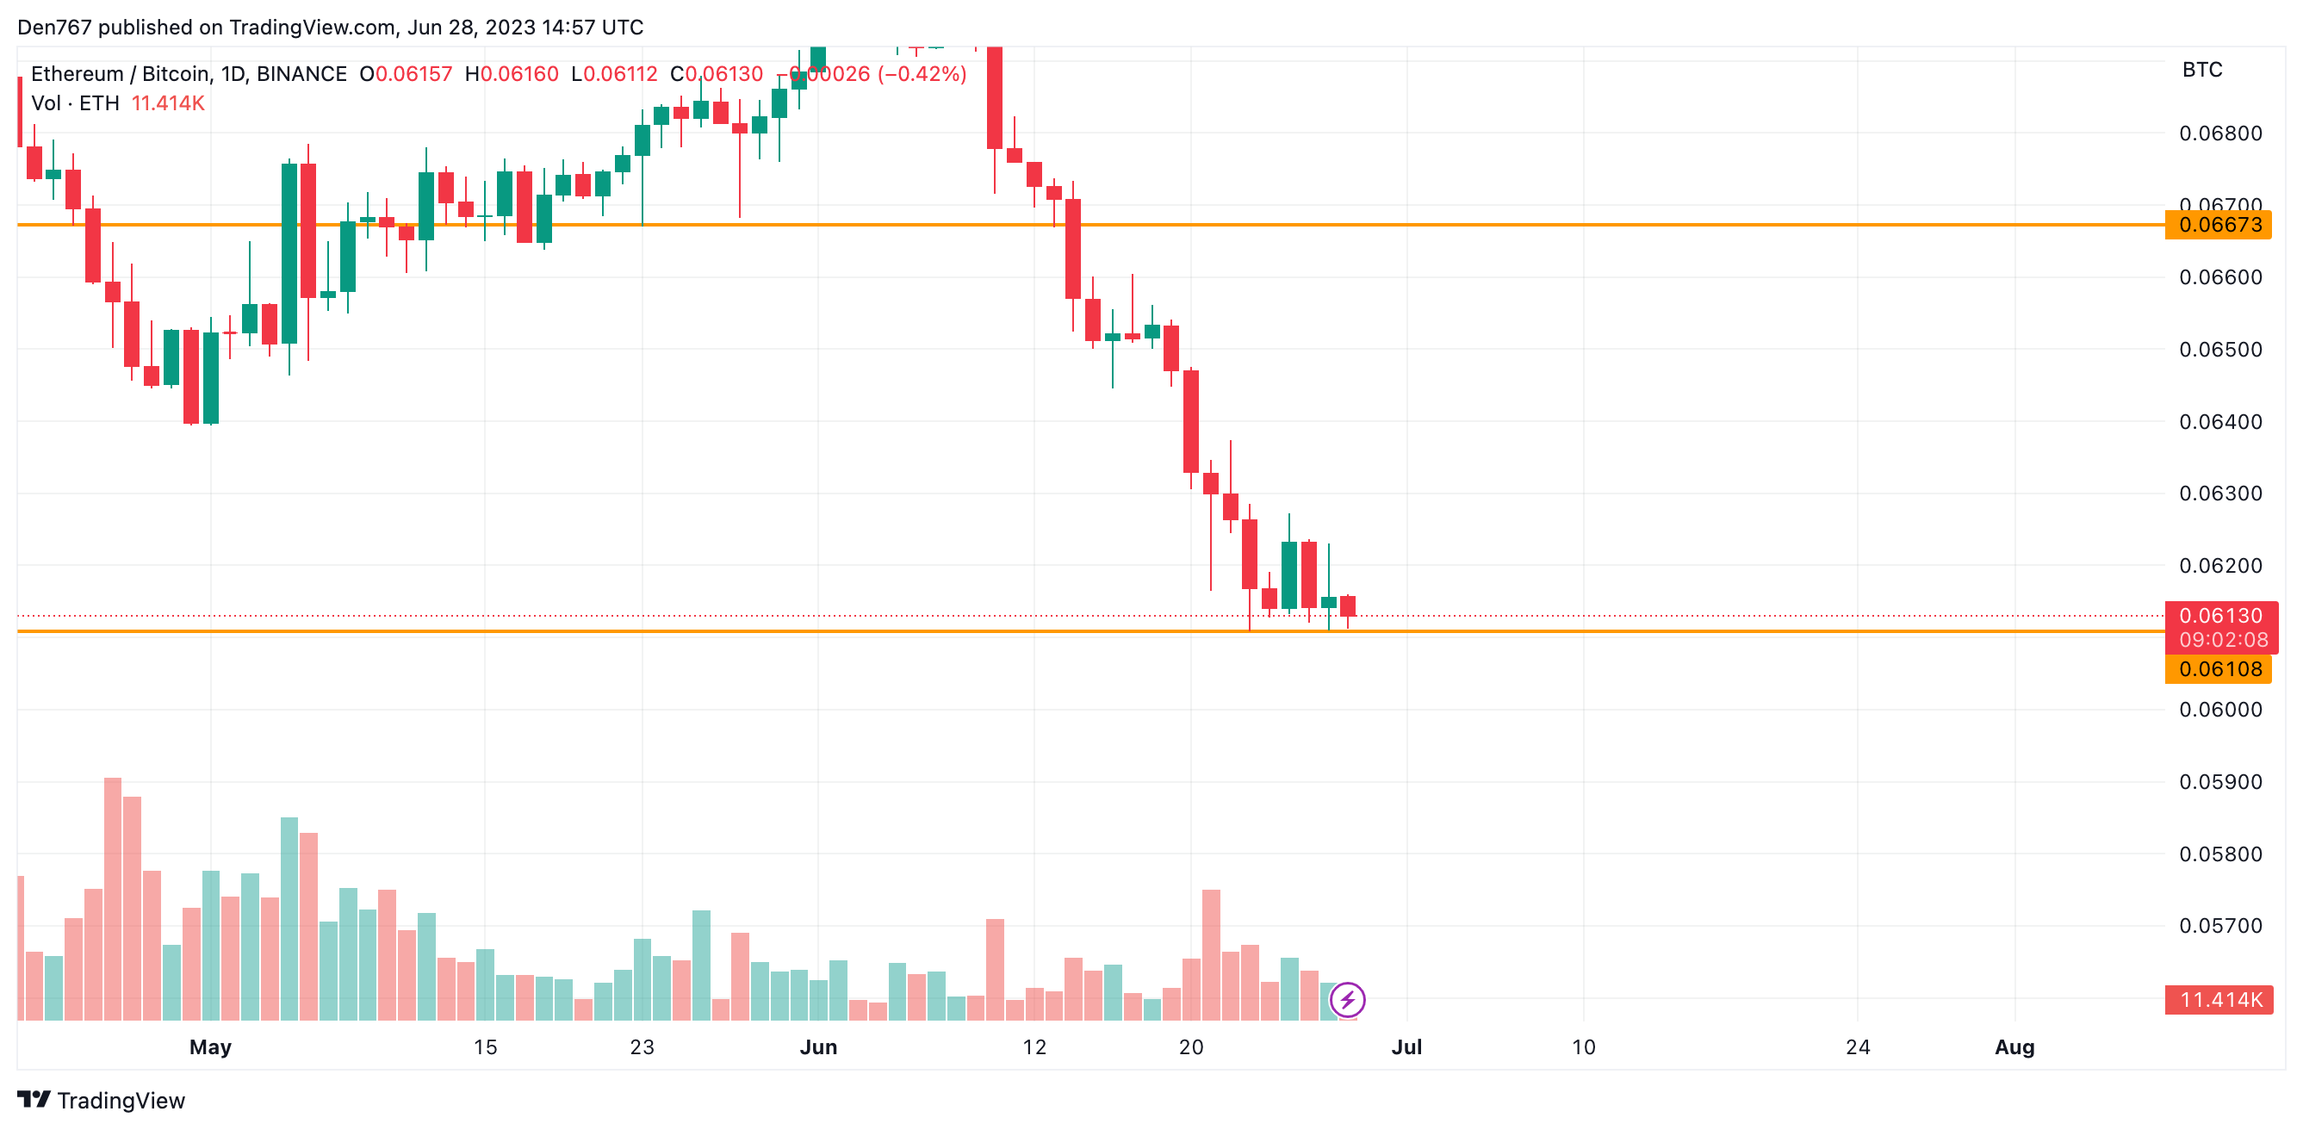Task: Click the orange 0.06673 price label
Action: coord(2219,225)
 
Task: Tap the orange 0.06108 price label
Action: coord(2219,668)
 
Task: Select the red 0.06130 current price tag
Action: coord(2219,616)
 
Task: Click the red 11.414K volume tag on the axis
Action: coord(2219,999)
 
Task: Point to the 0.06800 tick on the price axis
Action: coord(2219,133)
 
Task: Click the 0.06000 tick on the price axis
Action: coord(2219,710)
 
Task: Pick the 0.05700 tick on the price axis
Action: coord(2219,925)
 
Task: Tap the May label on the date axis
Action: coord(210,1046)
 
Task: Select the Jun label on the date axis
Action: coord(818,1046)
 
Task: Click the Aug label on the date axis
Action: coord(2014,1046)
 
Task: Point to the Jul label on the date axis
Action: coord(1406,1046)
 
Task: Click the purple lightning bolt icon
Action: coord(1347,999)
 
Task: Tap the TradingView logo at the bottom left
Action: coord(101,1100)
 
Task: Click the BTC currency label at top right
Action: coord(2202,70)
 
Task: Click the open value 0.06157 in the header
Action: coord(413,74)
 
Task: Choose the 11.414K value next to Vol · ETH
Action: coord(168,103)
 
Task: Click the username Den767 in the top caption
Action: coord(53,28)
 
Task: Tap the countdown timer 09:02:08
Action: coord(2223,640)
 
